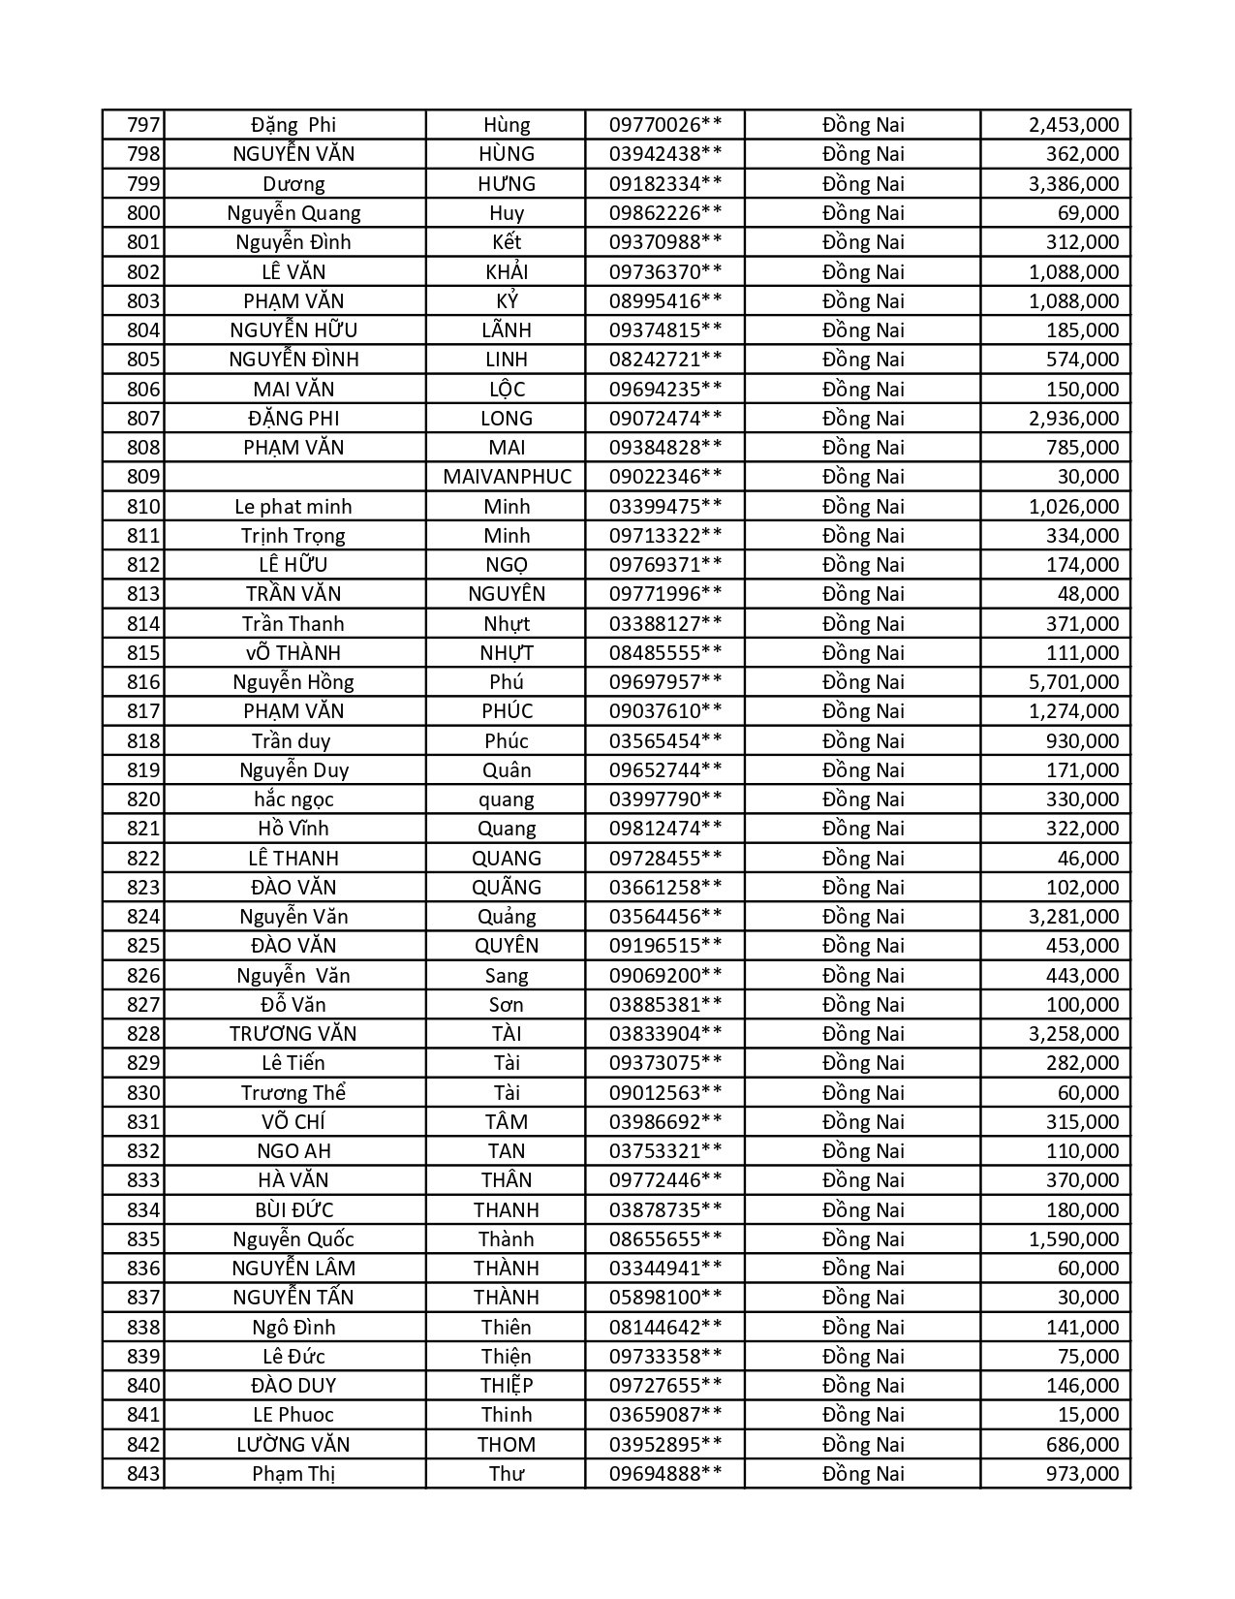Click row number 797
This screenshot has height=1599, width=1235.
[142, 125]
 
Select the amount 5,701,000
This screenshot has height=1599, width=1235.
[1073, 682]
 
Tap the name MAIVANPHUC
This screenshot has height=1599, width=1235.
[507, 477]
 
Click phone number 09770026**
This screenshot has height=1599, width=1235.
[664, 125]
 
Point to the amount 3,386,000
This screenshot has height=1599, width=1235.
[1073, 184]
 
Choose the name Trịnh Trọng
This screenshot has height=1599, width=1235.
[293, 536]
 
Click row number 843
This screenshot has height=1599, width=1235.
[142, 1474]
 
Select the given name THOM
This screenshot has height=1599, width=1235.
[507, 1445]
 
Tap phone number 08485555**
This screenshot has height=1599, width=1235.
[664, 653]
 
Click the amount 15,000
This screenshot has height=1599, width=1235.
[1088, 1415]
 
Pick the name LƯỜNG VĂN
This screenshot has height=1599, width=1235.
[293, 1445]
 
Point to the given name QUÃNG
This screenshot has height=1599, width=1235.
[507, 888]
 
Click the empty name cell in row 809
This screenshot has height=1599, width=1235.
[293, 477]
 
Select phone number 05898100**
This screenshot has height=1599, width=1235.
[664, 1298]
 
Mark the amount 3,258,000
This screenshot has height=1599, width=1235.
[1073, 1034]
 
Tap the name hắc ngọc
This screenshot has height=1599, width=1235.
[293, 799]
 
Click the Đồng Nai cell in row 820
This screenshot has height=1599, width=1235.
[862, 799]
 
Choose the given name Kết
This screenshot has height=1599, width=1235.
[507, 242]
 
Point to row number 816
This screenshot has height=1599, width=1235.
[142, 682]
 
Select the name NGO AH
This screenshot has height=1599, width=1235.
[293, 1151]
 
